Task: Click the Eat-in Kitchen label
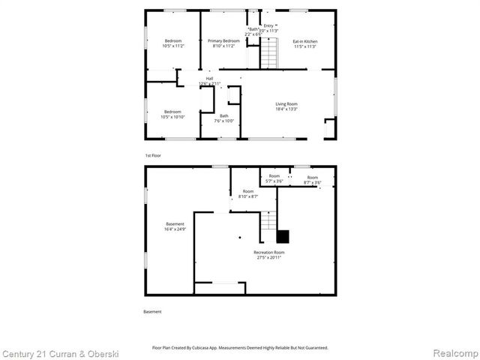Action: [x=304, y=43]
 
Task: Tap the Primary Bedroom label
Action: [x=223, y=43]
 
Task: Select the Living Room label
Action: [x=286, y=106]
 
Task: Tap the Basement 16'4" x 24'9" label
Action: [x=175, y=226]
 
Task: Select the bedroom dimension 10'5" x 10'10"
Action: [x=172, y=117]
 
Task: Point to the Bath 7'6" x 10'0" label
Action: [x=224, y=118]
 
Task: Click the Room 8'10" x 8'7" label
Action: [x=247, y=193]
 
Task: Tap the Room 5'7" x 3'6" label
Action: [x=274, y=179]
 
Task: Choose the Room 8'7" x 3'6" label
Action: [x=312, y=180]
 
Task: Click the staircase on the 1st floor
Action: [x=269, y=52]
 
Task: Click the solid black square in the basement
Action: [x=283, y=236]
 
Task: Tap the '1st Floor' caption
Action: [x=153, y=155]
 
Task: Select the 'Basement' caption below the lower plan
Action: [x=152, y=311]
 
